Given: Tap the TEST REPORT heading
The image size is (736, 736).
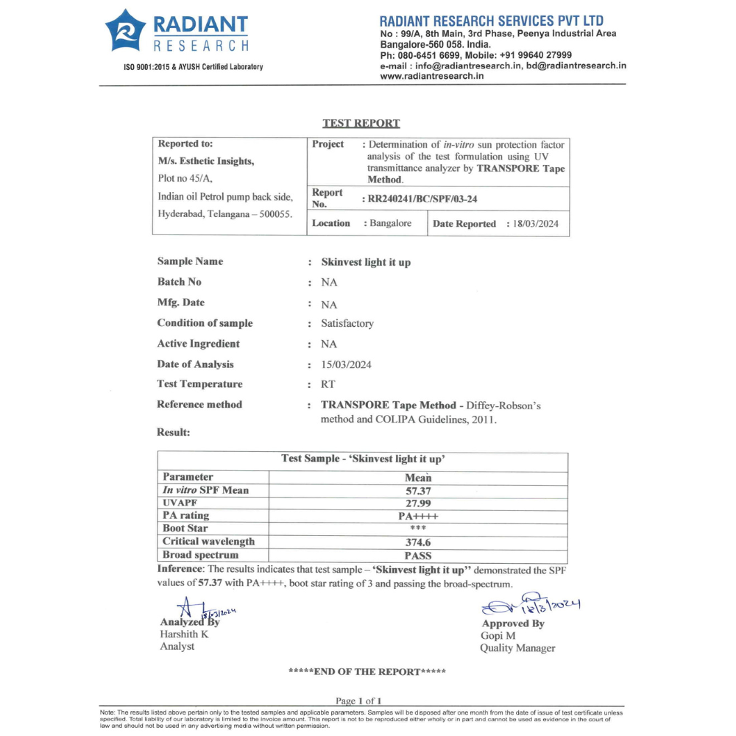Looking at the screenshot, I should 361,123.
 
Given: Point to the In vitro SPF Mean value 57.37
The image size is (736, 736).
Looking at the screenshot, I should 417,490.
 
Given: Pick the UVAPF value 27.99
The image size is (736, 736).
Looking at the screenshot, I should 417,503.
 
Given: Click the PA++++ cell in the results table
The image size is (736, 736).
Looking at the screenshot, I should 417,516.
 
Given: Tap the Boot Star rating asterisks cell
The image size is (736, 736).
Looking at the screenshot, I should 417,528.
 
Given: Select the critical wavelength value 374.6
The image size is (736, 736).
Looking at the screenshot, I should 417,542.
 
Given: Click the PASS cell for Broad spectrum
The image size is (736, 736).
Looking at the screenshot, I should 417,555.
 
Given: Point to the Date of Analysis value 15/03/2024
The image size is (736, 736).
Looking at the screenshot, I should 346,364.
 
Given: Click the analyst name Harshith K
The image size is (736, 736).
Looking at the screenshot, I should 184,634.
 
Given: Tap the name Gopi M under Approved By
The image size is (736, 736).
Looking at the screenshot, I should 498,635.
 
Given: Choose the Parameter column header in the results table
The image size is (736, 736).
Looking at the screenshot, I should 188,477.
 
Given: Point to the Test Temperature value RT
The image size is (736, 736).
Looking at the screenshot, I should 328,384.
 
